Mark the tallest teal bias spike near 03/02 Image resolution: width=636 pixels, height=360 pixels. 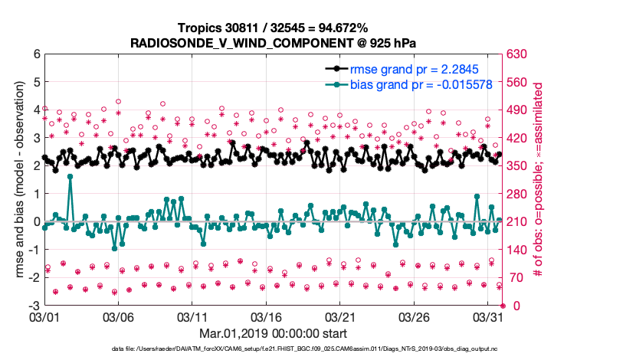[x=70, y=176]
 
